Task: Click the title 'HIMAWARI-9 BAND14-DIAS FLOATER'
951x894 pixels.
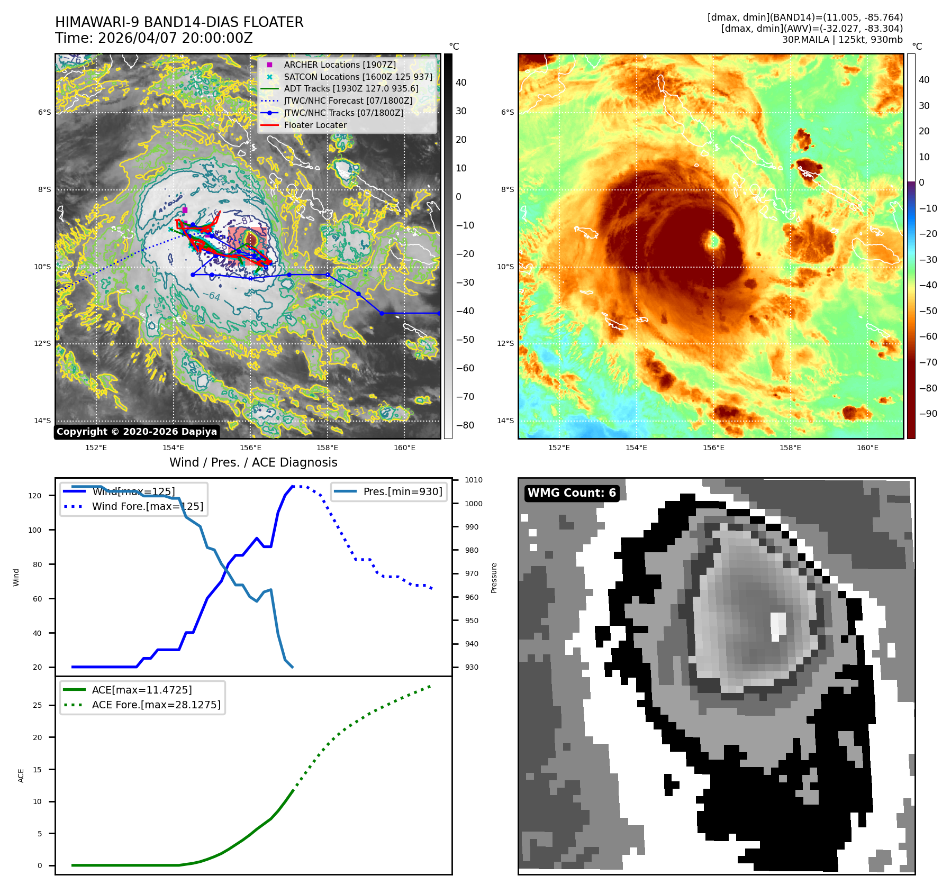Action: point(179,22)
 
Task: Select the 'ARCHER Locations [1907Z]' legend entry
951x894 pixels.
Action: point(339,65)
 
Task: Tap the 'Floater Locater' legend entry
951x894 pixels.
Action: point(315,125)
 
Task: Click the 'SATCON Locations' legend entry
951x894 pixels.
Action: point(358,77)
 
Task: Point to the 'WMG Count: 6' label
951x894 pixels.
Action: point(572,493)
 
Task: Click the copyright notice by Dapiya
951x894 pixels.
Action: point(137,432)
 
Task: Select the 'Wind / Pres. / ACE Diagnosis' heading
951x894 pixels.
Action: point(253,462)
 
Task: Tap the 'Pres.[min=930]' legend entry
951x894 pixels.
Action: point(402,491)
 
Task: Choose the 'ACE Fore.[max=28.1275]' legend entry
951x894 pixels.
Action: point(156,705)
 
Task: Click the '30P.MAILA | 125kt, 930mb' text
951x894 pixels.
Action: point(842,39)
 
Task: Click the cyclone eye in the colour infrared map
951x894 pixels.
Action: point(713,241)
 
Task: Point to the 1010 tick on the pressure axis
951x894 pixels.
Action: point(474,480)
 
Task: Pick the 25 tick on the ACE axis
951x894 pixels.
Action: point(37,705)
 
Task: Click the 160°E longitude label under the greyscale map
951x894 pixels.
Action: point(404,448)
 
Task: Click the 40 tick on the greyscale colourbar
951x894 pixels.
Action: point(461,83)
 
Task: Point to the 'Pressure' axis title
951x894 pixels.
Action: point(494,578)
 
